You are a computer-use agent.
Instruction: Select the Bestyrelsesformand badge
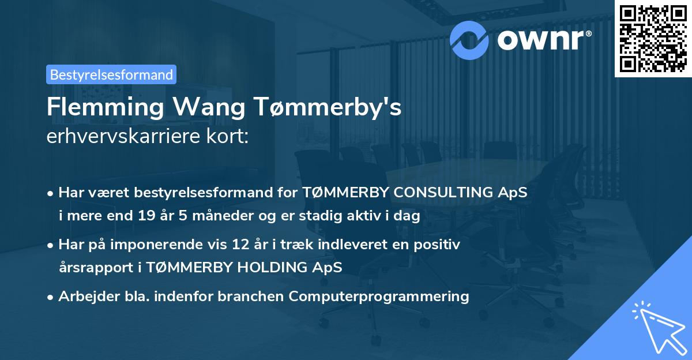111,74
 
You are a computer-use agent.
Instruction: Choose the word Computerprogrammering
379,297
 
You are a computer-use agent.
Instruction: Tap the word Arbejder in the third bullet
86,297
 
